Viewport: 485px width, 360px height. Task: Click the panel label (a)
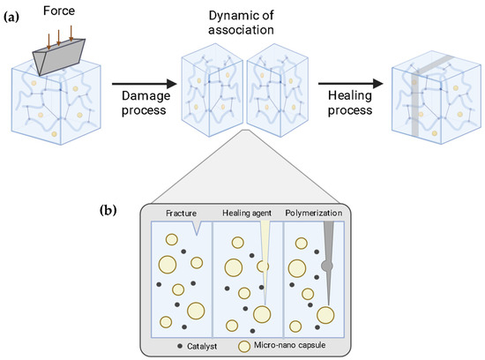click(14, 13)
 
